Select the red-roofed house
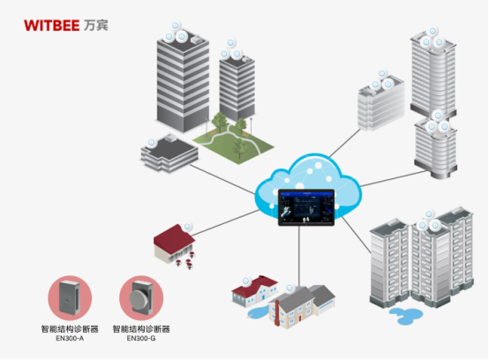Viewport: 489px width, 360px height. [174, 244]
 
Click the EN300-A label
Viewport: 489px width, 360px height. [70, 338]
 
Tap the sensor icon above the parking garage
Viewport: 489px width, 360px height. [151, 141]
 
